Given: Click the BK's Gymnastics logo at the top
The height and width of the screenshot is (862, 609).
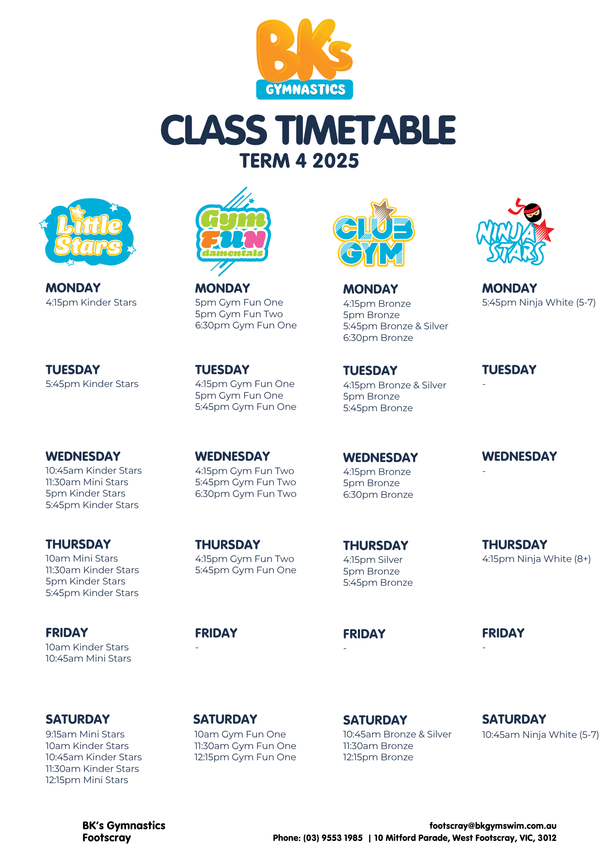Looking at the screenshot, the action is pos(304,59).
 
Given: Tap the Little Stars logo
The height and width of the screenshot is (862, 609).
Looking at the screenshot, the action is pos(88,232).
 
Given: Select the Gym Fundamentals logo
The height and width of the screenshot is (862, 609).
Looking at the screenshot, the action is pos(233,231).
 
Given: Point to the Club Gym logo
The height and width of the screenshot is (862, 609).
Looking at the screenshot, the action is pos(373,233).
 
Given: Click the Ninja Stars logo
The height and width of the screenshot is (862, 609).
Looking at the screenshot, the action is pos(515,231).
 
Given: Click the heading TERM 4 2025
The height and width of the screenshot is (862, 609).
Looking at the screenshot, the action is pos(299,161).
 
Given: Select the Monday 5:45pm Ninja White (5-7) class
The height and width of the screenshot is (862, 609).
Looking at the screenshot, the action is pos(539,303).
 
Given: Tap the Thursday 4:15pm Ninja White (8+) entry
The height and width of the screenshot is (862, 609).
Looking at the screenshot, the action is pos(536,559).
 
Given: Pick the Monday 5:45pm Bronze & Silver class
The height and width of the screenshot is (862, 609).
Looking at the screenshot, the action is pos(395,326).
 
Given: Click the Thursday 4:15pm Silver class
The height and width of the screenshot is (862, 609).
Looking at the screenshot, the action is pos(373,560).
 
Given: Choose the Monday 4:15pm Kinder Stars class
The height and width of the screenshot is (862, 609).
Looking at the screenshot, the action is pos(91,303).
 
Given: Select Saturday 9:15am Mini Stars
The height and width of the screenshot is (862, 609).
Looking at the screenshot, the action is pos(85,734).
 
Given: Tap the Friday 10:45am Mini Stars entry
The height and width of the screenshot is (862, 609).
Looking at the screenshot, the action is pos(88,659).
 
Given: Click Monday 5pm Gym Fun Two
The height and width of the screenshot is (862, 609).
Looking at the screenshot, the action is pos(239,314).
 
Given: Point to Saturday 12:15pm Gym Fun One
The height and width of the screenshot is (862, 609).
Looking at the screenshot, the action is pos(245,757).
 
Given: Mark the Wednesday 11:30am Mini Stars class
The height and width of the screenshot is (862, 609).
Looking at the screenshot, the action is pos(87,482).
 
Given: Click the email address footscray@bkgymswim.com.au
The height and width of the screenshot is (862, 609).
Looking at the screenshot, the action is pos(493,826).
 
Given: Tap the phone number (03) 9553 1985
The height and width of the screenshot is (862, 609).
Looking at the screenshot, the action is pos(333,838).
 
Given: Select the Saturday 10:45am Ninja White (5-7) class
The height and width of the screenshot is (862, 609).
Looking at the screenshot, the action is pos(541,735).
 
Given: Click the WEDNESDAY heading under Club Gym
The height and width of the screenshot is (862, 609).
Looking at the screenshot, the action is pos(380,457).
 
